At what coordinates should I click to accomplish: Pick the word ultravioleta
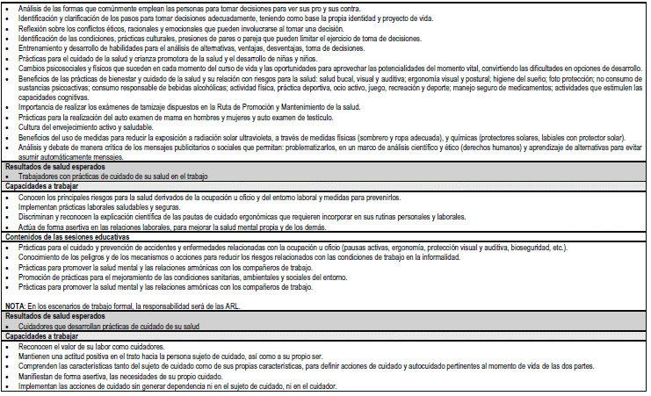(x=270, y=137)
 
